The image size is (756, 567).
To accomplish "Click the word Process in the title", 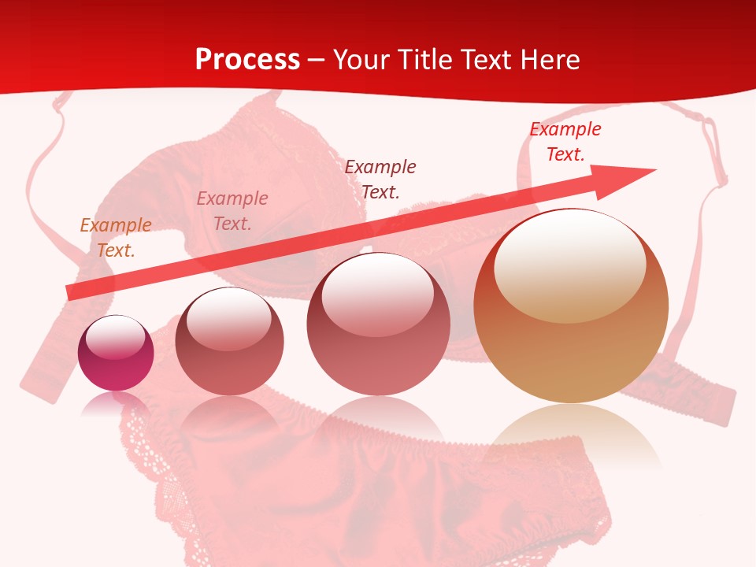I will click(x=247, y=60).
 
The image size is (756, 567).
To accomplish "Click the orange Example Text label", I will click(x=116, y=238).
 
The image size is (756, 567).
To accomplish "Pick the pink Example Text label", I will click(x=232, y=211).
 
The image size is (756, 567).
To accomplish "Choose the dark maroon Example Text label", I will click(x=380, y=180).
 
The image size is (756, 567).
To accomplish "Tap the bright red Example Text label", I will click(x=565, y=142).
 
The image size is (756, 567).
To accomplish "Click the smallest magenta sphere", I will click(x=116, y=353).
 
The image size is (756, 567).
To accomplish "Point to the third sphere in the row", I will click(x=379, y=324).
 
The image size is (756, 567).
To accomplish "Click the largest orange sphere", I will click(x=571, y=306).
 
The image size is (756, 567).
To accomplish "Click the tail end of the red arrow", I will click(x=72, y=292).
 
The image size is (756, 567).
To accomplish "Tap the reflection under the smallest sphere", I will click(x=116, y=404).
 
